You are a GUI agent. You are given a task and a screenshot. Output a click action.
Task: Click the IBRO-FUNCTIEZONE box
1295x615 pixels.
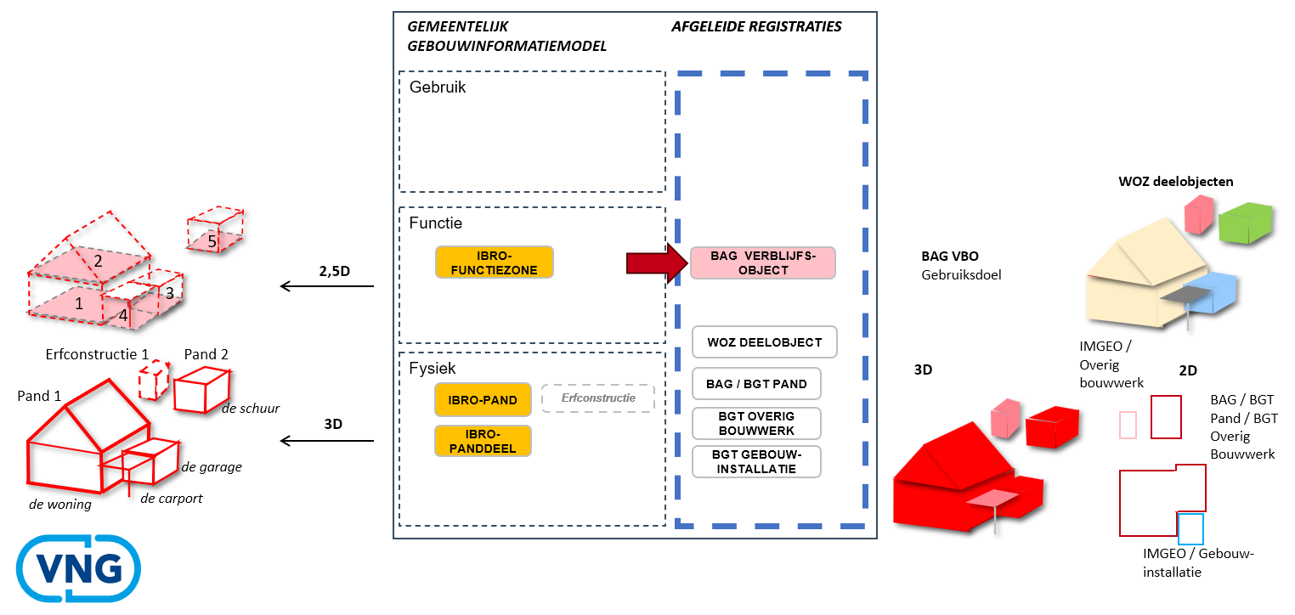pos(495,262)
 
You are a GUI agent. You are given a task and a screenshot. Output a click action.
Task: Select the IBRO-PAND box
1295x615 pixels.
pos(483,399)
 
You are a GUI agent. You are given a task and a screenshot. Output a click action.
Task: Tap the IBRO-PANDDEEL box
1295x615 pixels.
pos(483,441)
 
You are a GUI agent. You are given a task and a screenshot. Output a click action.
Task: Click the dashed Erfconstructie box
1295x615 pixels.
pos(597,398)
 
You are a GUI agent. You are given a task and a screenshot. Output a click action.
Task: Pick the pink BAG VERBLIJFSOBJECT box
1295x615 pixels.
pos(762,263)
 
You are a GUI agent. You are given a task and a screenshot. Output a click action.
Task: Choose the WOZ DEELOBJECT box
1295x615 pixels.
pos(764,342)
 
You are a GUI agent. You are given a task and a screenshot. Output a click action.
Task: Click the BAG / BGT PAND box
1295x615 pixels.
pos(756,384)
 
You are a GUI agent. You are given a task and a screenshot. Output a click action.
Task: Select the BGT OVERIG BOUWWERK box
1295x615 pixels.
pos(756,423)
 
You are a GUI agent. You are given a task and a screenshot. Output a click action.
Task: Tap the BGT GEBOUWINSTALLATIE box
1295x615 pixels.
pos(756,461)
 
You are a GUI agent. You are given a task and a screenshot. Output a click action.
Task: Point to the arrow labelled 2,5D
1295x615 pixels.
pos(326,286)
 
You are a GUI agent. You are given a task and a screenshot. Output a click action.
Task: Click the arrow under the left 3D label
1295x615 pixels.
pos(326,441)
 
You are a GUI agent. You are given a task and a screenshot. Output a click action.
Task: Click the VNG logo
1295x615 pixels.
pos(79,569)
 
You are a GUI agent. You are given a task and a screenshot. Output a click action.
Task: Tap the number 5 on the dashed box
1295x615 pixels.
pos(212,241)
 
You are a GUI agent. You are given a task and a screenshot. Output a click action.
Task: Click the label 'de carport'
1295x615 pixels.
pos(171,499)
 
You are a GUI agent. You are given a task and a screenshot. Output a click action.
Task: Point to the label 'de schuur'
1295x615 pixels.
pos(251,408)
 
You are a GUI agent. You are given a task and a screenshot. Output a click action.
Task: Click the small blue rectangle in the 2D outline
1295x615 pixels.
pos(1191,528)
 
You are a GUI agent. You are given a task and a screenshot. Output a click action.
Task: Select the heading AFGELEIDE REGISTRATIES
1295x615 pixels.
pos(756,26)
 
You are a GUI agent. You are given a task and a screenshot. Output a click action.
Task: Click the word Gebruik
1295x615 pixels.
pos(438,87)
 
